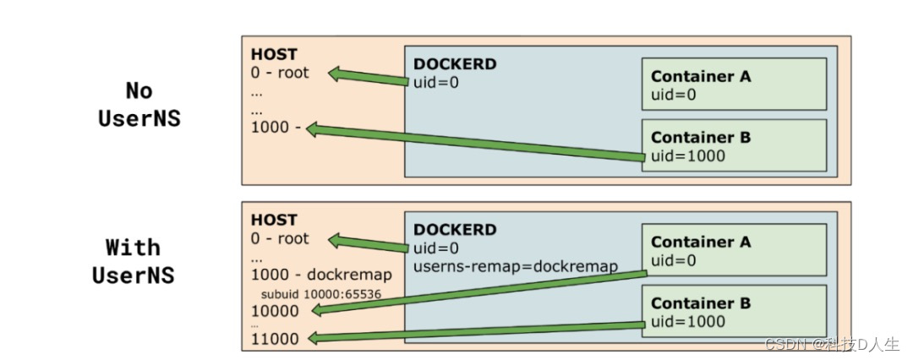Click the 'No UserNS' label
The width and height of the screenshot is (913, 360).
[x=139, y=104]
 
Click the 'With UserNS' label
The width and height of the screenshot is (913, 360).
[x=133, y=261]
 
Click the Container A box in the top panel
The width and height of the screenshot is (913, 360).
[x=733, y=84]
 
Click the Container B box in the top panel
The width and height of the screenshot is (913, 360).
[x=733, y=145]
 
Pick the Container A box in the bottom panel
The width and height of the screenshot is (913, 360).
[x=733, y=249]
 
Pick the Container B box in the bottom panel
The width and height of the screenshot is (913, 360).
[x=733, y=312]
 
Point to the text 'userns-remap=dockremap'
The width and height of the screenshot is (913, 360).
[x=516, y=266]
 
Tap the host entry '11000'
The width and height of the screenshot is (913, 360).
[x=275, y=338]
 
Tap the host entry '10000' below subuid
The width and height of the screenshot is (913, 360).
[x=275, y=310]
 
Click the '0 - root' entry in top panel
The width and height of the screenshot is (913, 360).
[x=280, y=73]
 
